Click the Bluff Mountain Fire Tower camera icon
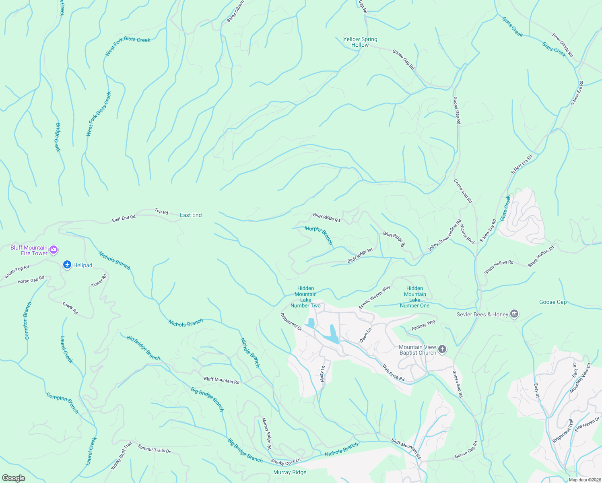(x=54, y=250)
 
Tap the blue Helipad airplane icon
(x=67, y=265)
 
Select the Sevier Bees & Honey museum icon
(x=514, y=314)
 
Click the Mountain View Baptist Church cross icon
(x=442, y=349)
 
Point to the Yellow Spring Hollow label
(x=360, y=42)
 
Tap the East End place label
(x=191, y=215)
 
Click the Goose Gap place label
(x=553, y=302)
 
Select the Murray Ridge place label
(x=290, y=472)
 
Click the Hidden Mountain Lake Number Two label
(x=305, y=297)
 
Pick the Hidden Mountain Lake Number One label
(x=414, y=297)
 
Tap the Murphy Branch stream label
(x=319, y=235)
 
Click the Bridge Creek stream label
(x=58, y=137)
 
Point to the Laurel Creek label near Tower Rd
(x=66, y=349)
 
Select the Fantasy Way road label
(x=423, y=325)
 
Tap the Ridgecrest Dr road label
(x=291, y=322)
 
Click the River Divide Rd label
(x=563, y=45)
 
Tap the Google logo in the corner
(x=14, y=478)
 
